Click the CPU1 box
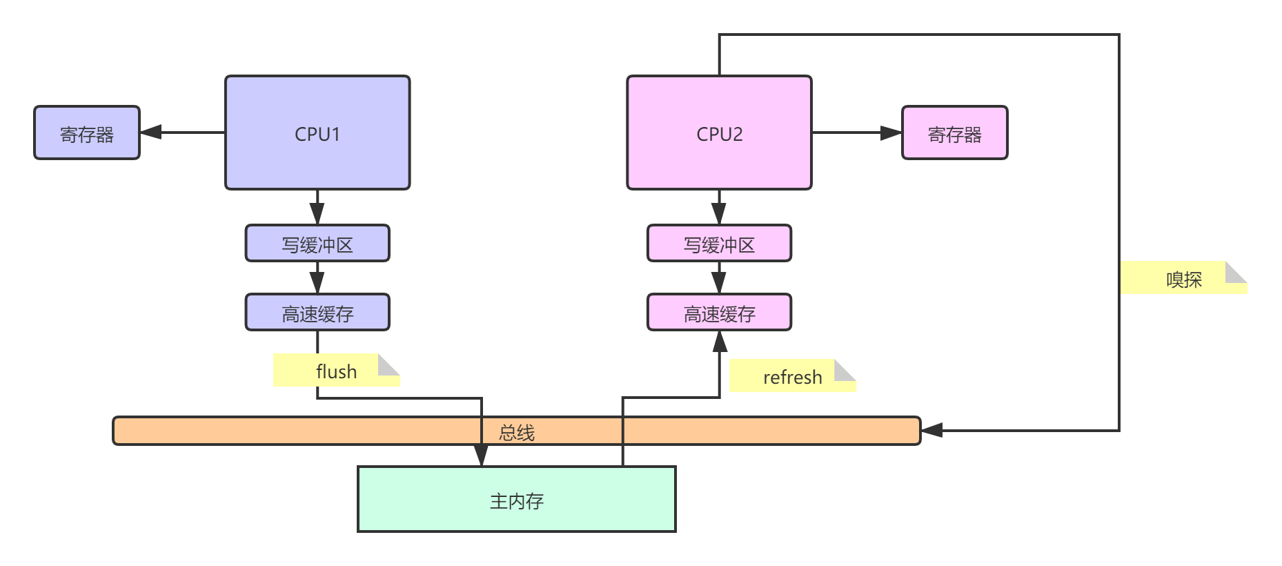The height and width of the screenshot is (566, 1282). click(x=317, y=133)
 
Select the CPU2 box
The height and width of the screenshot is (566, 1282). click(x=719, y=133)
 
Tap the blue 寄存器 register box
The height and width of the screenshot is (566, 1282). click(x=87, y=133)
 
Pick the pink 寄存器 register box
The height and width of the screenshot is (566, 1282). click(x=954, y=133)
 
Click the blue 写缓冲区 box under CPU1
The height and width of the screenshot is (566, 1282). click(x=317, y=244)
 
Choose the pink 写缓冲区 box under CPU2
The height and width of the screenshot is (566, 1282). click(x=719, y=244)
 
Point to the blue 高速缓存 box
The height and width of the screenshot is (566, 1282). click(x=317, y=313)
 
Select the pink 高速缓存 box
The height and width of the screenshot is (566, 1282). click(x=719, y=313)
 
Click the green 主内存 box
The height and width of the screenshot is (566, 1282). click(x=516, y=500)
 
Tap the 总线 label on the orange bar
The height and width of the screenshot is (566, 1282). click(x=517, y=433)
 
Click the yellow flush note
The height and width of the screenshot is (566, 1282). click(x=336, y=371)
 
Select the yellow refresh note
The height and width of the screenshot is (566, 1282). click(x=792, y=376)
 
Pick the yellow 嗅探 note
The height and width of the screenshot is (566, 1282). click(x=1183, y=278)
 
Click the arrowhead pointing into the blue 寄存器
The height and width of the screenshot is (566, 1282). click(x=151, y=132)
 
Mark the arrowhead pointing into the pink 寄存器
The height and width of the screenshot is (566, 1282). click(x=891, y=133)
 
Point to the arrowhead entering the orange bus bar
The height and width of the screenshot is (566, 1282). click(x=932, y=430)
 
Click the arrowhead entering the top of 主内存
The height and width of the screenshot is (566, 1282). click(x=481, y=456)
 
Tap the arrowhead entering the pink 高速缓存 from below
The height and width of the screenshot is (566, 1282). click(x=720, y=342)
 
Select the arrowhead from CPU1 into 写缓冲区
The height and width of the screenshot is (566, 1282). click(x=317, y=215)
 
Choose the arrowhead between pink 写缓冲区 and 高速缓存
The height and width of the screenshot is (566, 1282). click(x=719, y=283)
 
